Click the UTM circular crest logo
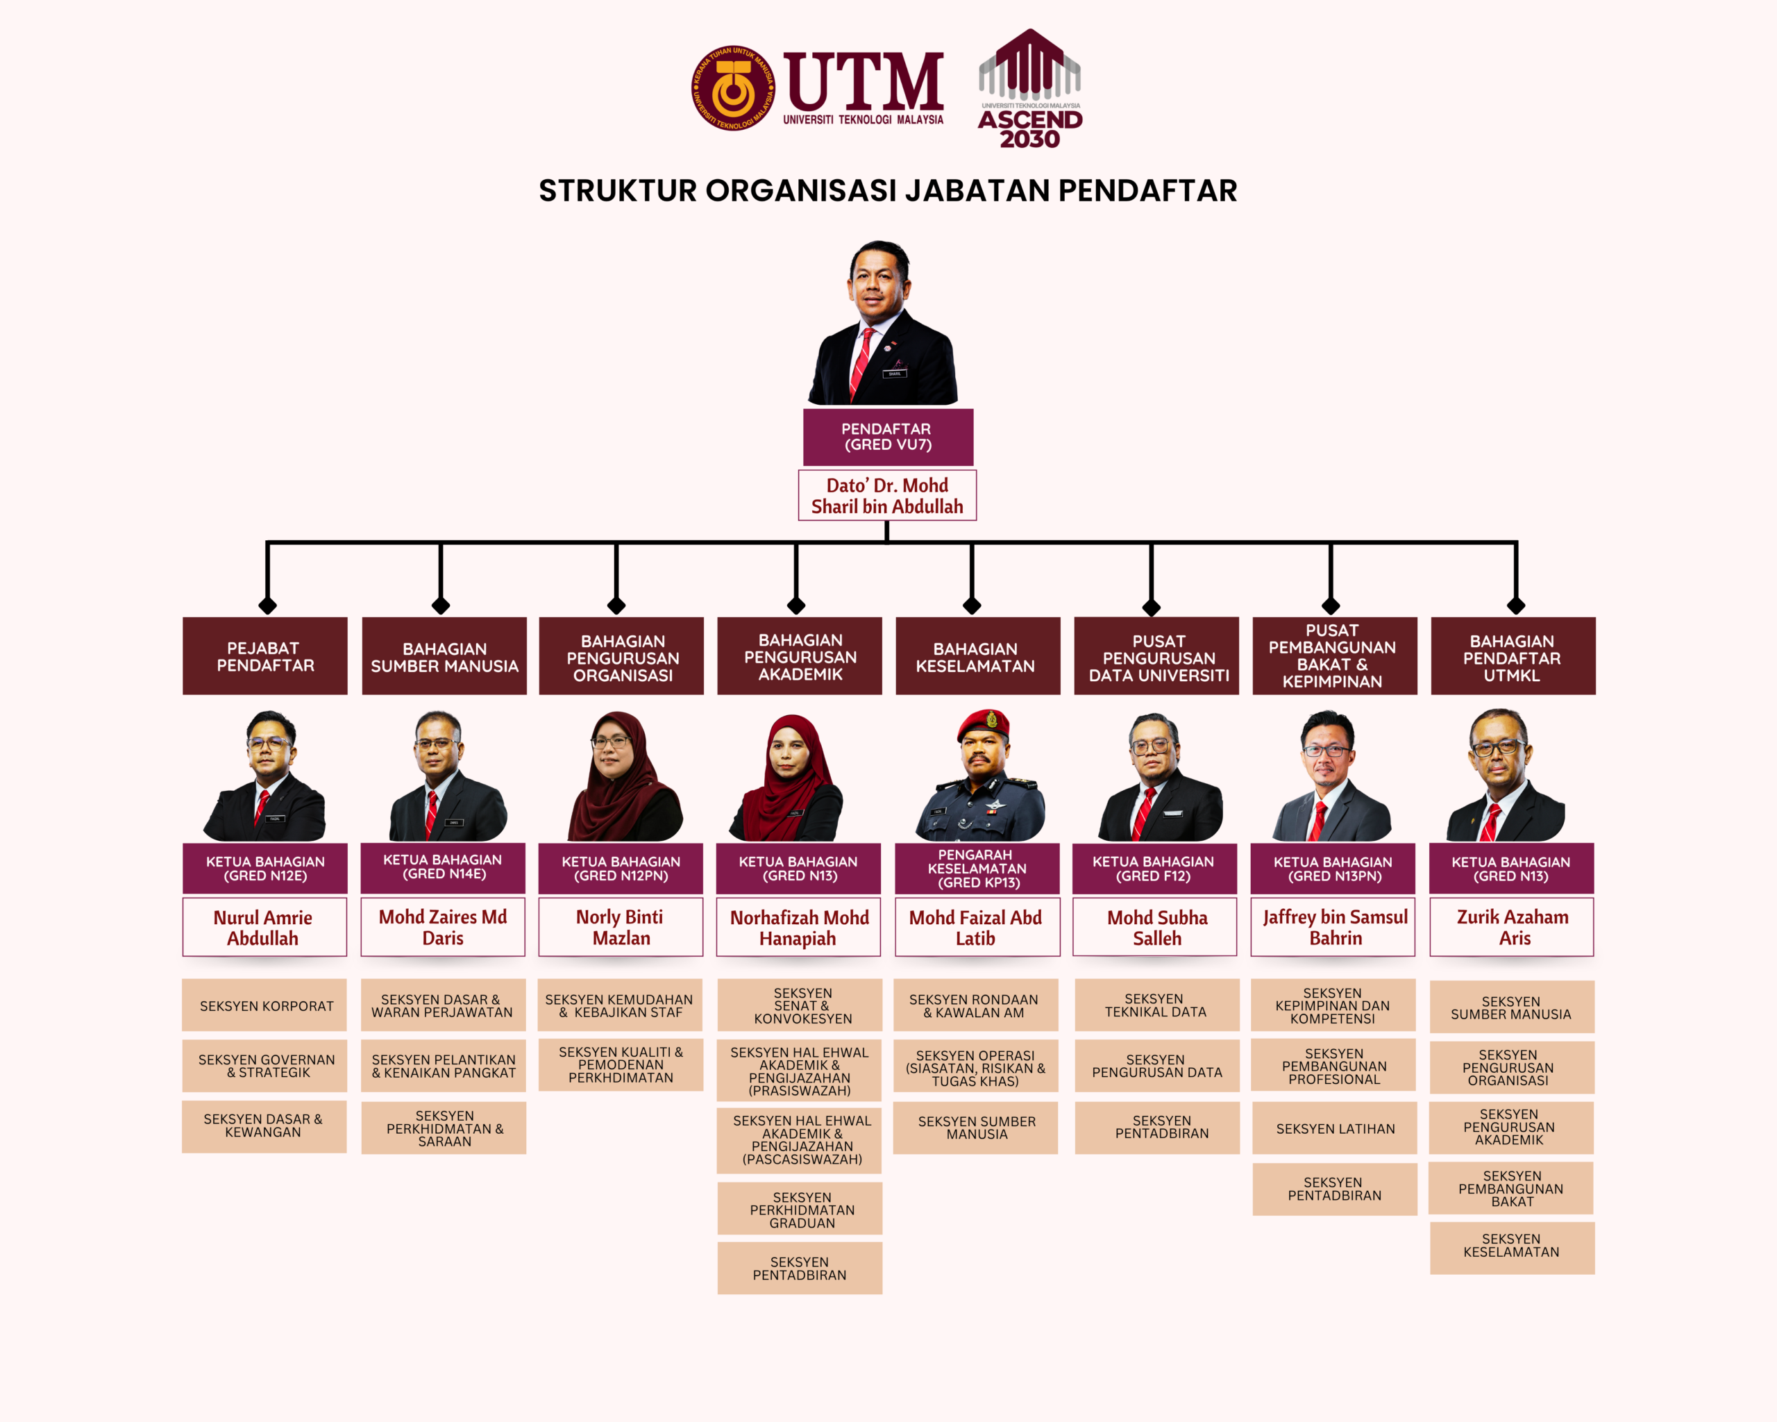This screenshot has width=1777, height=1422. click(733, 88)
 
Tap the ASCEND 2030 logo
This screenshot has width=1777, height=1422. click(1029, 88)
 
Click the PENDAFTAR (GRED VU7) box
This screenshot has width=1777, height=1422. click(888, 437)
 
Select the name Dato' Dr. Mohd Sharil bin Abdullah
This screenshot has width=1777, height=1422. click(887, 496)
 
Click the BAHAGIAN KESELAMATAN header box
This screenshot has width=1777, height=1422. click(977, 656)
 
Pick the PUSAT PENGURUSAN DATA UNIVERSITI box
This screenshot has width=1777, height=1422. click(1156, 656)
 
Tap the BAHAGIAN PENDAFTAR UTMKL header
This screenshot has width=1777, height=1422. click(1513, 656)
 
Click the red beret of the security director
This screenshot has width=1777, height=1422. click(984, 723)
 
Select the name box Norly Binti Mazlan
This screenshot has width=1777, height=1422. click(621, 928)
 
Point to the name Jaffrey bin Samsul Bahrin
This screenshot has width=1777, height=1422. click(1336, 928)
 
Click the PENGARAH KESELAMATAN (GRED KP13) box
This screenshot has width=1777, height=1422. click(977, 869)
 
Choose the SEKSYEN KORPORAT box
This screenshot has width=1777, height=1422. click(264, 1005)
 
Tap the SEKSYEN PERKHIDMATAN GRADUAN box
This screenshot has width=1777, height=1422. click(800, 1209)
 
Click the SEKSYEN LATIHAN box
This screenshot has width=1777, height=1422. click(1334, 1128)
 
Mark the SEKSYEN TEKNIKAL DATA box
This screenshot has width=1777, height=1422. click(1156, 1005)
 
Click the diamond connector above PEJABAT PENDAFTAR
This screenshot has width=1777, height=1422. click(267, 606)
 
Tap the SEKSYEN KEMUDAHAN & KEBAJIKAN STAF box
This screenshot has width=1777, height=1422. click(620, 1005)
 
